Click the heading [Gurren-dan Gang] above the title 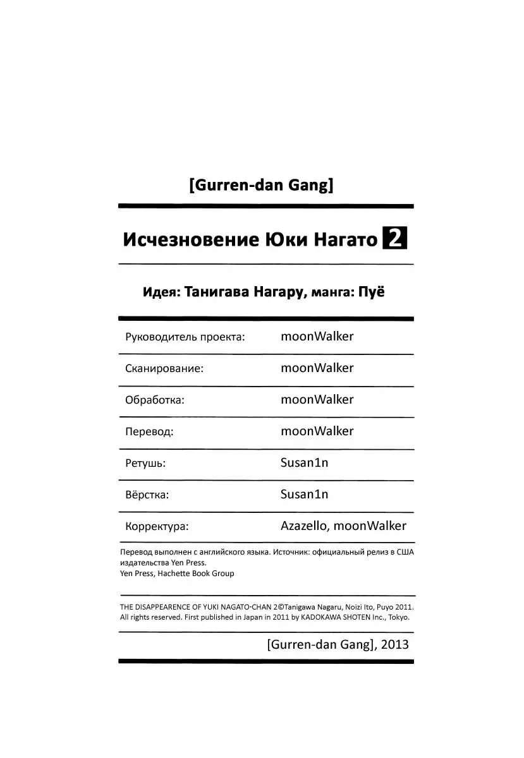[261, 186]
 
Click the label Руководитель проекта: [185, 337]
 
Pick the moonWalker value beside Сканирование [317, 368]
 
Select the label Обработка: [155, 400]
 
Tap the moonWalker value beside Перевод [317, 431]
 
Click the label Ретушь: [145, 463]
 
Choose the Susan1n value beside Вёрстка [304, 494]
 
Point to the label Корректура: [157, 526]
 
